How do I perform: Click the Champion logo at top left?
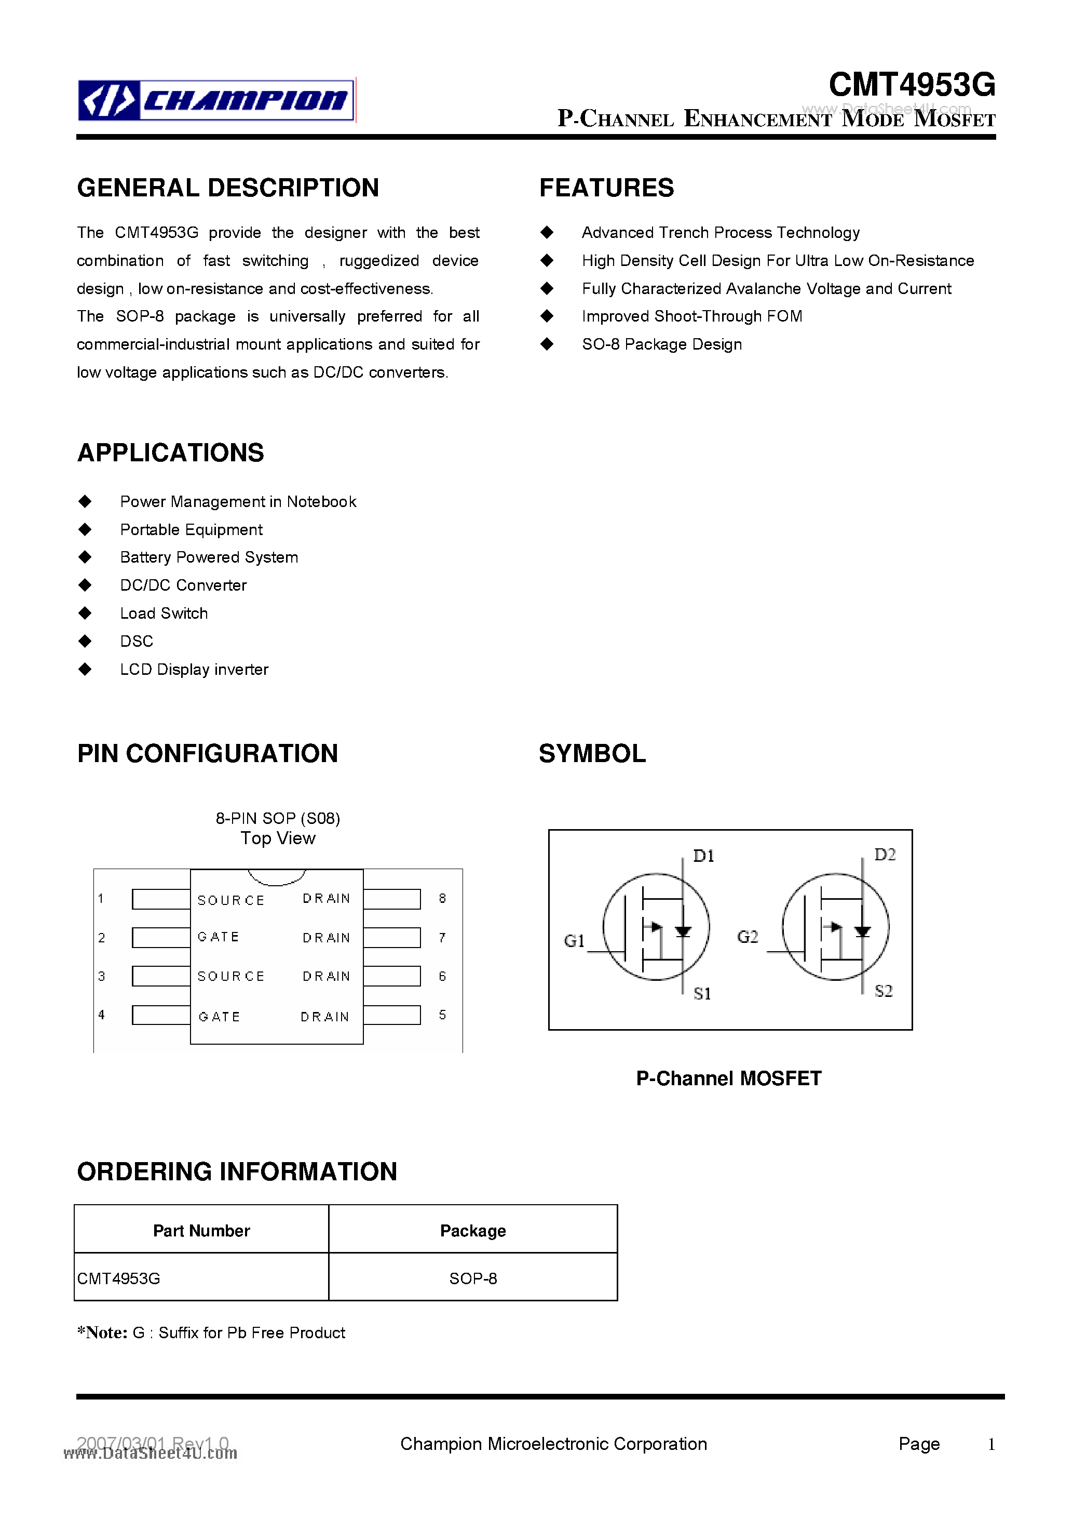click(216, 100)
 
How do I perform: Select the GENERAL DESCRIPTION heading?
click(227, 188)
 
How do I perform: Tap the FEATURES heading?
click(606, 188)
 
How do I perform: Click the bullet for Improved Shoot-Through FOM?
click(547, 316)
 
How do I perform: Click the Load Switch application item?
click(164, 614)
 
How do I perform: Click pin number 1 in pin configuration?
click(101, 898)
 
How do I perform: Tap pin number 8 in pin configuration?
click(442, 898)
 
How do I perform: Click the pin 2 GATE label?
click(218, 937)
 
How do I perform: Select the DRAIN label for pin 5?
click(324, 1017)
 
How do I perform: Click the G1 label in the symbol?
click(574, 940)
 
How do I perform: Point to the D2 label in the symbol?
click(885, 855)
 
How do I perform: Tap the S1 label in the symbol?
click(702, 993)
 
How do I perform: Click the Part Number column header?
click(201, 1231)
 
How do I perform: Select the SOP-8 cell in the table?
click(473, 1278)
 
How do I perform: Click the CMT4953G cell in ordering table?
click(119, 1278)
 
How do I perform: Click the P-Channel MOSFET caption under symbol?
click(728, 1078)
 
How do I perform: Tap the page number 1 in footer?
click(991, 1444)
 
